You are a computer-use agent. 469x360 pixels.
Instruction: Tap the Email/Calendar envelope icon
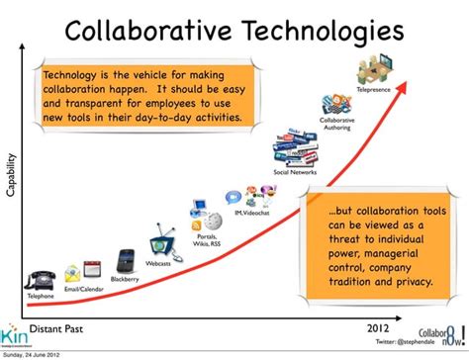point(76,274)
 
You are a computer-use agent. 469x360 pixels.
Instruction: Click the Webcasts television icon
point(161,245)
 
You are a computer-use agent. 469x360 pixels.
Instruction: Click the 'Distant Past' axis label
point(61,327)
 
